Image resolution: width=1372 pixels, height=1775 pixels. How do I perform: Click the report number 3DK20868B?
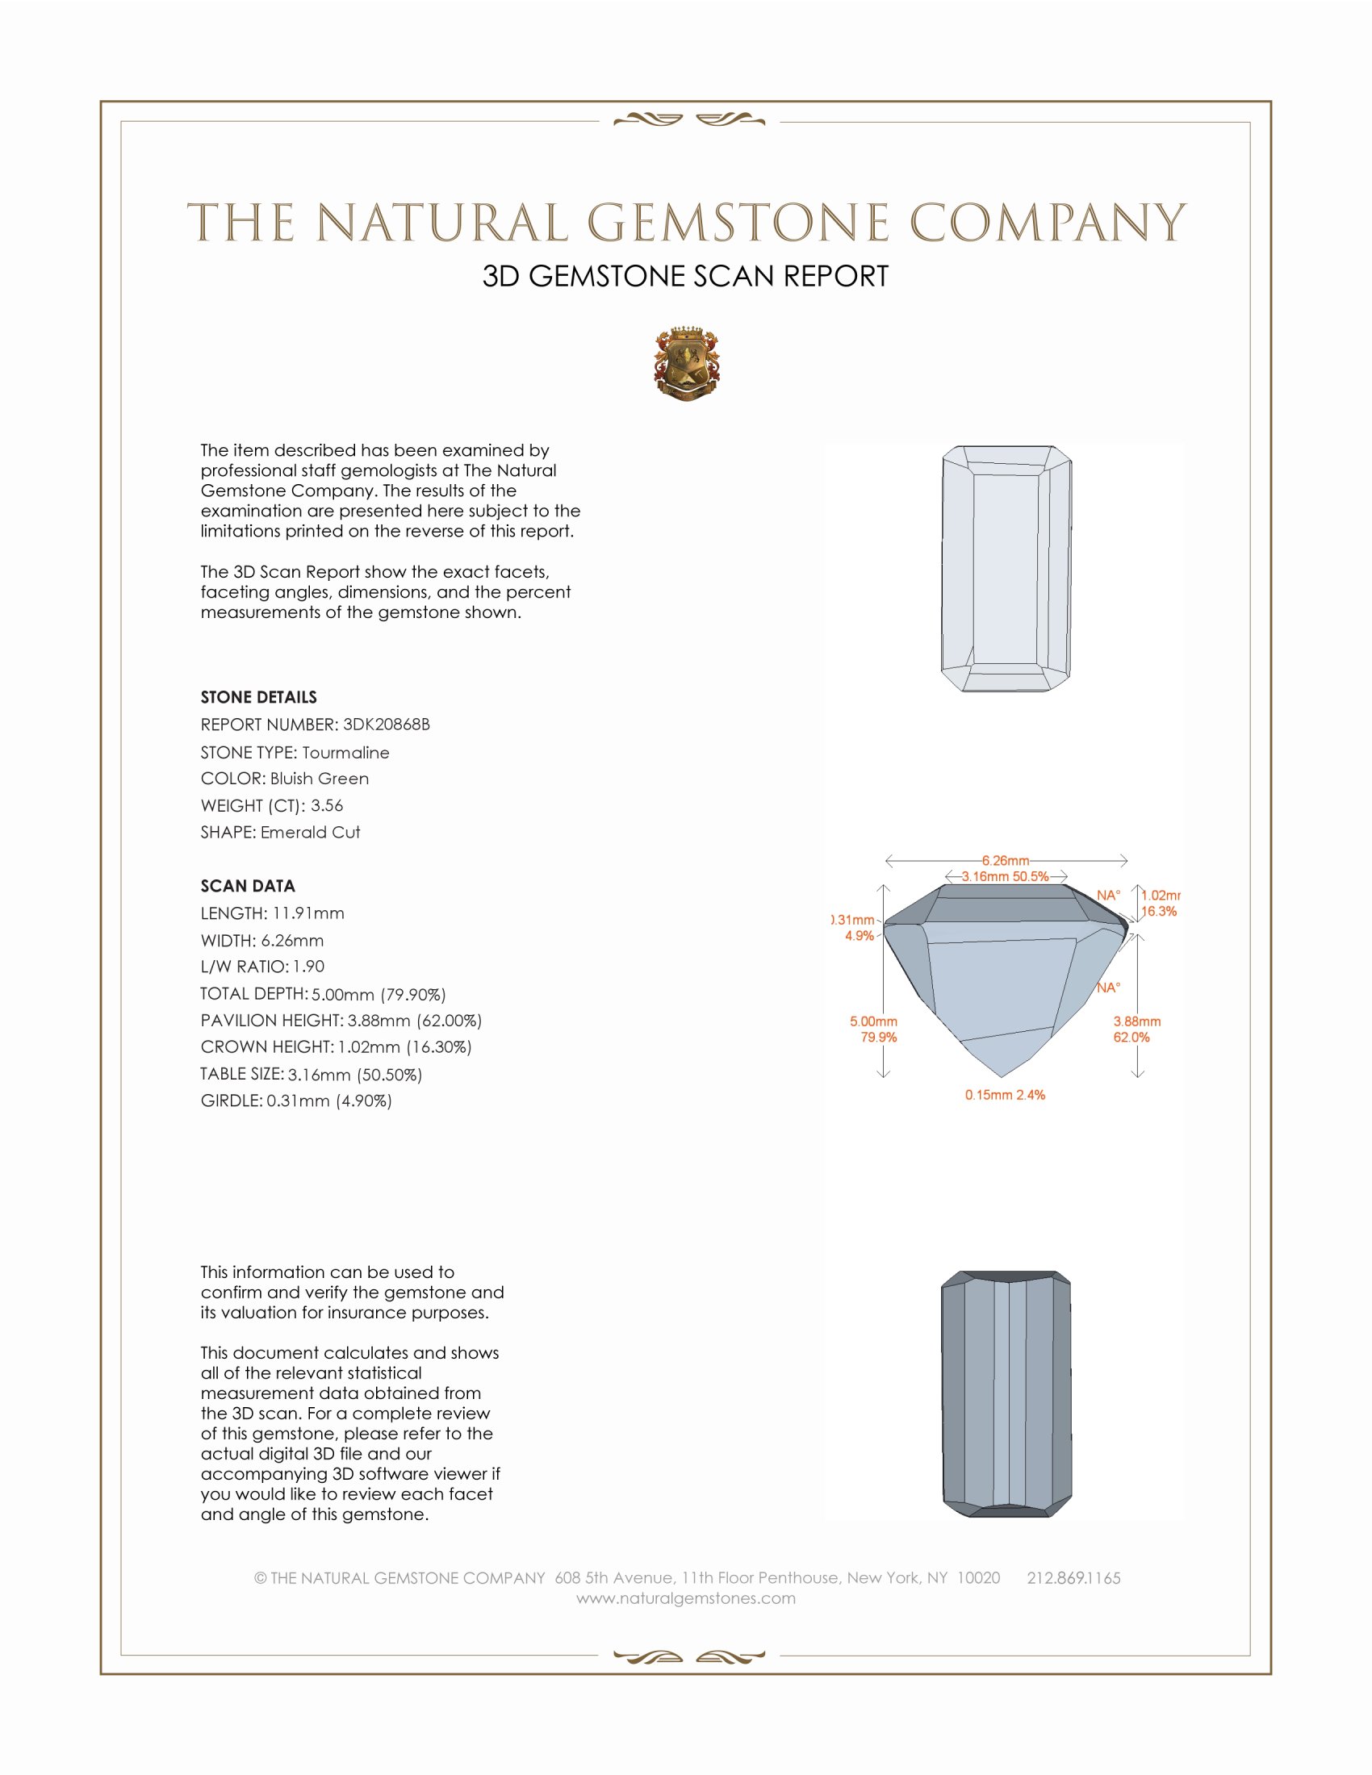(x=386, y=725)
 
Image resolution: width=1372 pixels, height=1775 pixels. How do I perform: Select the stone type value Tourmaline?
(x=345, y=753)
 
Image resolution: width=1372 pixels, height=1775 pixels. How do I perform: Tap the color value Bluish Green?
(x=320, y=779)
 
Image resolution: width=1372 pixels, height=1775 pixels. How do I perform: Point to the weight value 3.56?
(x=327, y=805)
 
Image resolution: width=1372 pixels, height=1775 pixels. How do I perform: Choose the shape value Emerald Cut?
(x=311, y=833)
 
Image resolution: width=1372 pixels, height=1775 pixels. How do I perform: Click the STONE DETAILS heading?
(x=258, y=697)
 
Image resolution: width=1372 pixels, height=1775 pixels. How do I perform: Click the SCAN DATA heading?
(x=248, y=886)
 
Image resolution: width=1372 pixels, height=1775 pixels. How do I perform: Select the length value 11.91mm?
(x=308, y=913)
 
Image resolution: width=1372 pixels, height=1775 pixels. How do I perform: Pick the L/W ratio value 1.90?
(x=309, y=967)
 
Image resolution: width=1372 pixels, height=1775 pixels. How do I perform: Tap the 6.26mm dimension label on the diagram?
(x=1006, y=861)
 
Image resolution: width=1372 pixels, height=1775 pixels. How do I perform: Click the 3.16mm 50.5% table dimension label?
(x=1006, y=877)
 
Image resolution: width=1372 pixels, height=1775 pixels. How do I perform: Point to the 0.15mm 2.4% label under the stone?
(x=1006, y=1095)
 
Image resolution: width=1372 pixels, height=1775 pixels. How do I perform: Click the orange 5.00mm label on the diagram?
(x=874, y=1021)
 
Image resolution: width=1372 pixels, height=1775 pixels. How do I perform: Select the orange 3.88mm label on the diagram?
(x=1137, y=1021)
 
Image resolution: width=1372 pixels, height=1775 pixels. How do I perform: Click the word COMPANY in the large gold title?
(x=1048, y=223)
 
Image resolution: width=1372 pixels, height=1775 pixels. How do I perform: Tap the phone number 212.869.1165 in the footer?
(x=1073, y=1578)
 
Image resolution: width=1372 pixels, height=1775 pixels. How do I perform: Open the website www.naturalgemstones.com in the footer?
(x=686, y=1598)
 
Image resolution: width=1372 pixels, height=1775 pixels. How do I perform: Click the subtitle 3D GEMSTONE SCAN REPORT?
(x=685, y=276)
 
